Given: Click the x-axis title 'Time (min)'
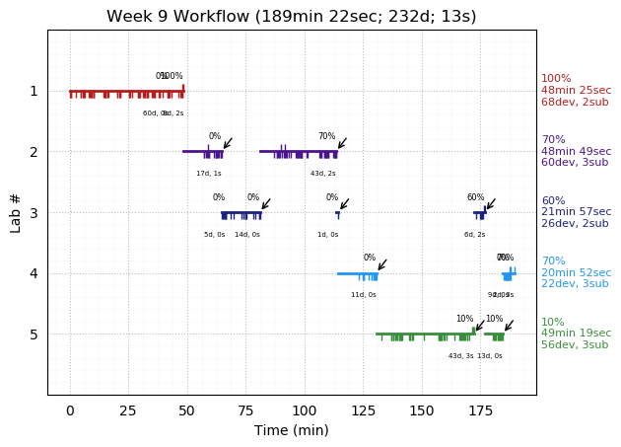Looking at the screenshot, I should pyautogui.click(x=291, y=430).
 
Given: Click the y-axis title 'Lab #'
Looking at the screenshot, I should pyautogui.click(x=16, y=212).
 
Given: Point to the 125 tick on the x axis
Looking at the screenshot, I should pyautogui.click(x=363, y=396).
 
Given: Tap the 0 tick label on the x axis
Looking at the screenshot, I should pyautogui.click(x=70, y=410).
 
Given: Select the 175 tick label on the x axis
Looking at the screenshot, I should pyautogui.click(x=480, y=410).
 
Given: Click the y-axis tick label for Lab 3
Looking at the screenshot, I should pyautogui.click(x=34, y=213).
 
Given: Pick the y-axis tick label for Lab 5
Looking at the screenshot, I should pyautogui.click(x=34, y=335).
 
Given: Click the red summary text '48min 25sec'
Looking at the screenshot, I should pyautogui.click(x=576, y=91).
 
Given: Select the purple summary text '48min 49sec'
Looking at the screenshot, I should pyautogui.click(x=576, y=152).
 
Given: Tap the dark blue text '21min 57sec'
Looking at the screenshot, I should pyautogui.click(x=576, y=213).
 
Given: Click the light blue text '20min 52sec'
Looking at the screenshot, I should pyautogui.click(x=576, y=273).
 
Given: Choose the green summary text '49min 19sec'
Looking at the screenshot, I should pyautogui.click(x=576, y=335).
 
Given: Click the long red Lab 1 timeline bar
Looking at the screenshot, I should pyautogui.click(x=126, y=91).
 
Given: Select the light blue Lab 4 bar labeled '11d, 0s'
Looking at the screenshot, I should pyautogui.click(x=357, y=273).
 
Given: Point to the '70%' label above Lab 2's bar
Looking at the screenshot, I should pyautogui.click(x=326, y=136).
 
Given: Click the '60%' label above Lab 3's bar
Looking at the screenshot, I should pyautogui.click(x=475, y=197).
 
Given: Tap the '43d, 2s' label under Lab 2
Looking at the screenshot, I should pyautogui.click(x=323, y=174).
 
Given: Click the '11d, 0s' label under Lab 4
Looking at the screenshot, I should pyautogui.click(x=364, y=295).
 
